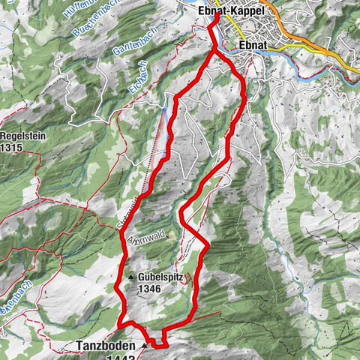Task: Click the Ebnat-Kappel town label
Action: click(232, 11)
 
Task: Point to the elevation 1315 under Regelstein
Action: click(14, 148)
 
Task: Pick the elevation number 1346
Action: click(149, 287)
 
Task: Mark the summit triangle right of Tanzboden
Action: click(143, 346)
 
